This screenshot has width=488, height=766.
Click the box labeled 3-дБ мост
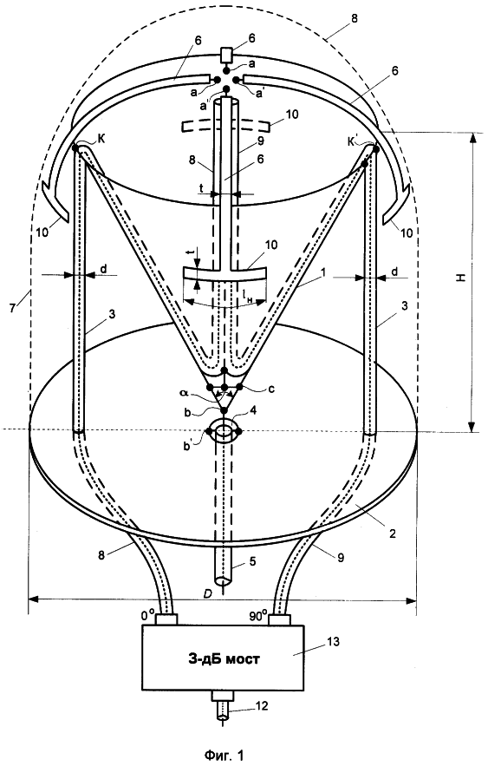pos(223,658)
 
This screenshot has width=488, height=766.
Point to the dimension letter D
pos(208,593)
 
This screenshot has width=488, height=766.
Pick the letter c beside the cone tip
pos(271,389)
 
